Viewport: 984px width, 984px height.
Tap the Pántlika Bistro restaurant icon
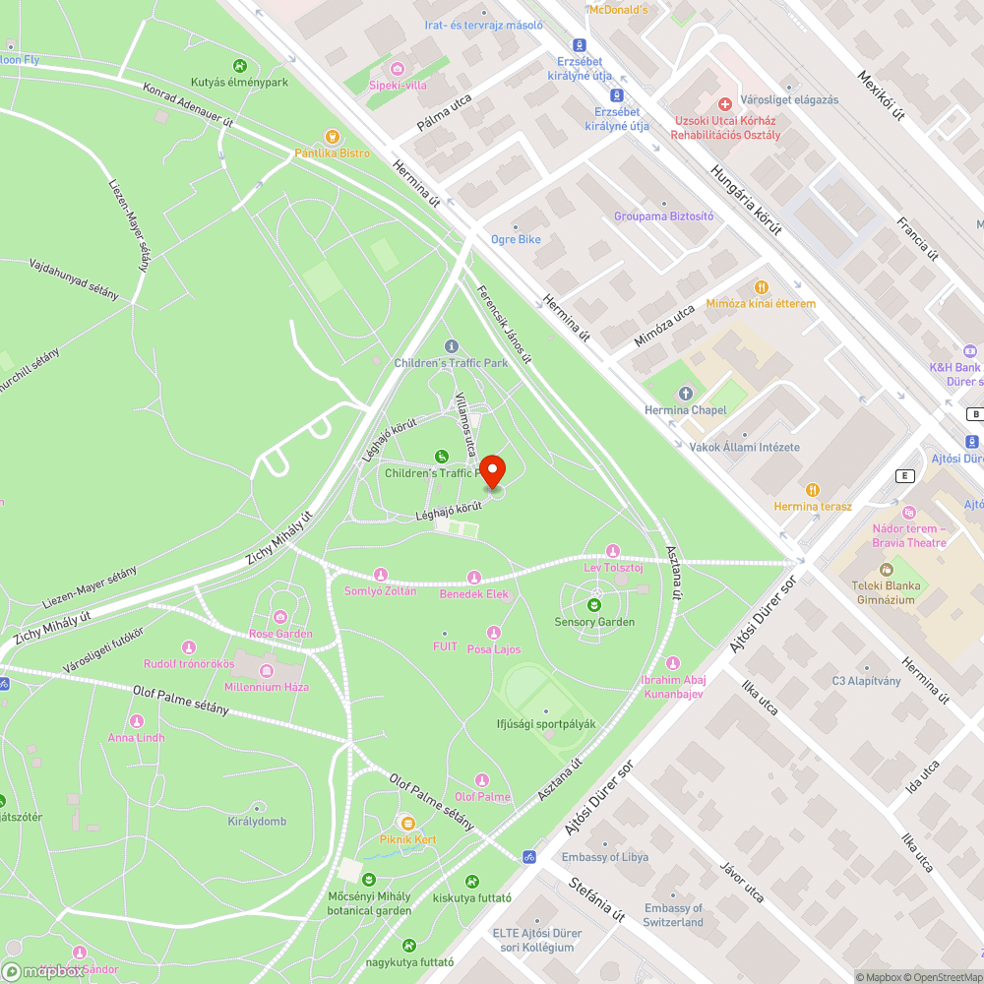point(332,137)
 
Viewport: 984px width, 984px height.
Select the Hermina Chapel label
point(685,410)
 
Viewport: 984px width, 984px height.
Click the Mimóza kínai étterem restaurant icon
point(761,287)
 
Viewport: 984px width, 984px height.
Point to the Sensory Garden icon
point(593,604)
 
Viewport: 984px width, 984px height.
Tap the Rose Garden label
point(280,634)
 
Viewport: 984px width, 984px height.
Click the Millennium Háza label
point(268,686)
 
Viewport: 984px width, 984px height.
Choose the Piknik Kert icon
point(407,822)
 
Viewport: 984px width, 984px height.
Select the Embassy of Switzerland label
point(674,915)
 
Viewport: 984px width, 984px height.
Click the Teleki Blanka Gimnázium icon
point(885,570)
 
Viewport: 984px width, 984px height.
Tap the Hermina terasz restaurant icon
point(812,489)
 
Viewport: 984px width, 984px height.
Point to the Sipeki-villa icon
point(397,68)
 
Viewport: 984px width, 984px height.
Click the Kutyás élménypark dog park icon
point(239,66)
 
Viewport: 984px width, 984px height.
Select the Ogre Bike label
point(516,239)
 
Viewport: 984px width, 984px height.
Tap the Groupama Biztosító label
point(663,215)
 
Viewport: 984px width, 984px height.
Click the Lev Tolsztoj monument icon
point(613,550)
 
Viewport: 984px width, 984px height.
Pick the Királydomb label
point(257,822)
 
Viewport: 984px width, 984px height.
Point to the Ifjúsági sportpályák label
point(546,724)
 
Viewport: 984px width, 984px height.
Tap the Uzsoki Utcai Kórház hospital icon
point(725,102)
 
